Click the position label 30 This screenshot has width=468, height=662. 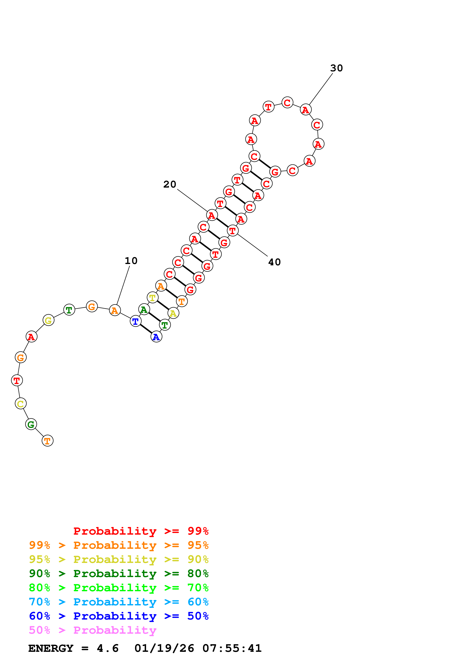[336, 68]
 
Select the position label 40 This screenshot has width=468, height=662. [274, 262]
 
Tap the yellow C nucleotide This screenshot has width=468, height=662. [20, 404]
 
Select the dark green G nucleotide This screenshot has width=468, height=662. [31, 424]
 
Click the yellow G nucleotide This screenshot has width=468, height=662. [49, 320]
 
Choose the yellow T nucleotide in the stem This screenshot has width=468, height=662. [152, 298]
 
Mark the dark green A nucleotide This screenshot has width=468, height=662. [144, 310]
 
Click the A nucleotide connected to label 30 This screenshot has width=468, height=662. [306, 110]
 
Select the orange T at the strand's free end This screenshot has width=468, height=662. [48, 441]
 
